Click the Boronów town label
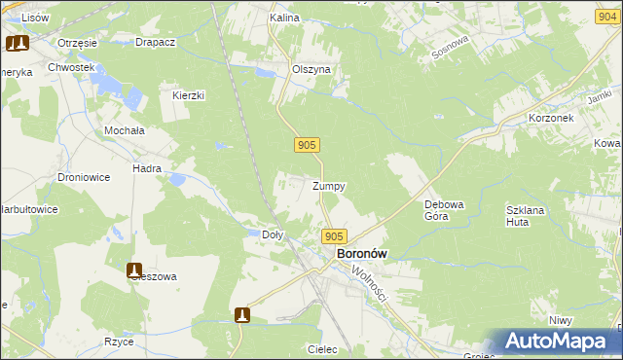[x=361, y=254]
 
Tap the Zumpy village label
[x=328, y=186]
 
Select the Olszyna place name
[x=312, y=70]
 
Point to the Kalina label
[x=284, y=18]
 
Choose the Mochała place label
[x=124, y=129]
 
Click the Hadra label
[x=147, y=168]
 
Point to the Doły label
[x=274, y=234]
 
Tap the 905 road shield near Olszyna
[x=306, y=145]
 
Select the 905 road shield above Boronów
[x=334, y=236]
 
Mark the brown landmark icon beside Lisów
[x=18, y=43]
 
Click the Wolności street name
[x=371, y=283]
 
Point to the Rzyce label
[x=119, y=342]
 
